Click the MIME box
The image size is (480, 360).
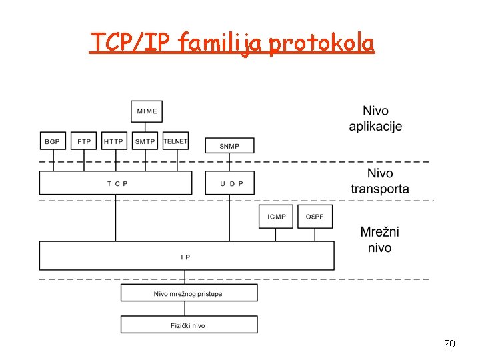147,111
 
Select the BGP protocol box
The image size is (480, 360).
52,141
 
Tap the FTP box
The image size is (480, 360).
84,141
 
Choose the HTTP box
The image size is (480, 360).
114,141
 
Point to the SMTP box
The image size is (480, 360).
145,141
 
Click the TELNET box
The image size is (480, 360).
176,141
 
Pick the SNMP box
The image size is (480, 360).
229,146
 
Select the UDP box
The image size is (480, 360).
229,183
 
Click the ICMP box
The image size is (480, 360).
276,217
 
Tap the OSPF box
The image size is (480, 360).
315,217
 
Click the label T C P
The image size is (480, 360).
117,183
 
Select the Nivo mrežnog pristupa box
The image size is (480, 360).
189,293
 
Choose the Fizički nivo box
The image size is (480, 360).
189,325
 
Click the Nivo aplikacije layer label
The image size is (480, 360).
376,119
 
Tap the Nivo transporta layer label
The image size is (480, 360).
380,181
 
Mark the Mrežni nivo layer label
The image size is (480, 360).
380,240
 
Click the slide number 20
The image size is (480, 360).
449,344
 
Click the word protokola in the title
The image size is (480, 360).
322,43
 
